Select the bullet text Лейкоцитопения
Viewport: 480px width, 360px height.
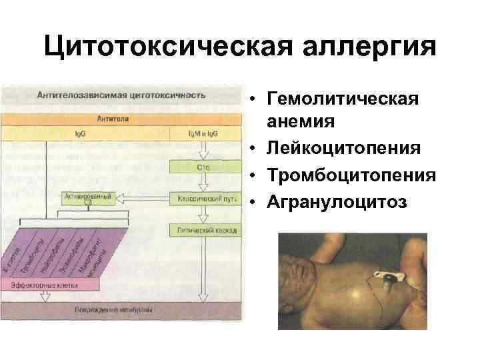(343, 147)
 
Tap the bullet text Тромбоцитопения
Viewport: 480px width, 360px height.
(351, 174)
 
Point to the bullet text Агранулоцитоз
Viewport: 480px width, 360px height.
(337, 201)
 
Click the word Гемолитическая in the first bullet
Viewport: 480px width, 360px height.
(343, 99)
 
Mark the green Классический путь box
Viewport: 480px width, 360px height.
(204, 199)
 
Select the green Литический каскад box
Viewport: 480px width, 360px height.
(204, 229)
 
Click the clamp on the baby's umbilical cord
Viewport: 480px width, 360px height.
(387, 276)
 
